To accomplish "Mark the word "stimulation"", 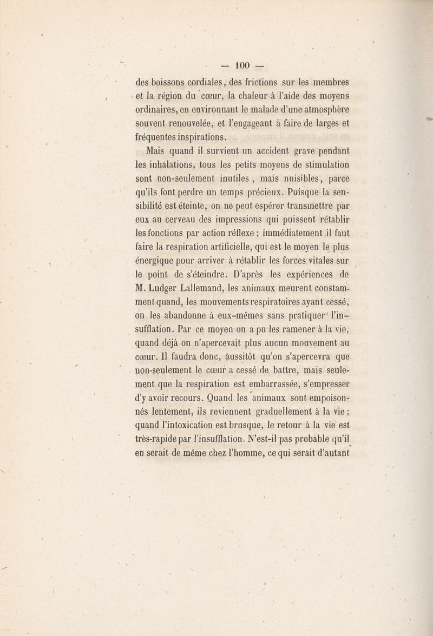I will [x=323, y=167].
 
